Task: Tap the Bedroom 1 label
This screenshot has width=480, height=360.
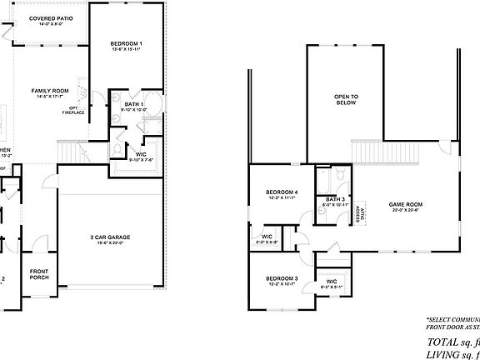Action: click(127, 43)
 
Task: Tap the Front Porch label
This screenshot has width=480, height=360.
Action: click(39, 274)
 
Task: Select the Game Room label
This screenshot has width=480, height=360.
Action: click(406, 204)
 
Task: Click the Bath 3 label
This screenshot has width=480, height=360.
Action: click(335, 199)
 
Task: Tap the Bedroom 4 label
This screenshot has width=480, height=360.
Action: click(282, 193)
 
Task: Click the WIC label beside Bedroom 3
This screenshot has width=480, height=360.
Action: click(331, 281)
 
